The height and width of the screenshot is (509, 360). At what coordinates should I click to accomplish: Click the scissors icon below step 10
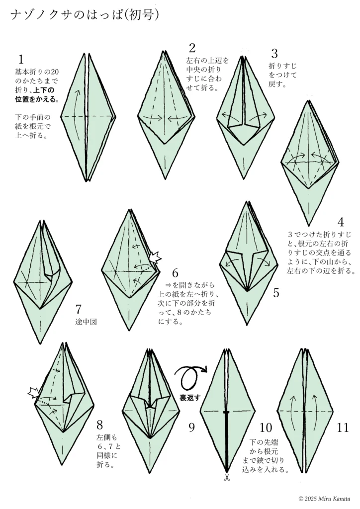[227, 478]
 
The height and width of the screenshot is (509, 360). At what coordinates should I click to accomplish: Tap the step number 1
[21, 60]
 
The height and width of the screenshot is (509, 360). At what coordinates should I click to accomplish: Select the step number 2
[192, 48]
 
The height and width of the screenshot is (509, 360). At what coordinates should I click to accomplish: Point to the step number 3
[274, 53]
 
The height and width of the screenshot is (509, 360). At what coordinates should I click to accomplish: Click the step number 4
[341, 222]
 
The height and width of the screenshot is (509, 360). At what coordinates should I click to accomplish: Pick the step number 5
[276, 293]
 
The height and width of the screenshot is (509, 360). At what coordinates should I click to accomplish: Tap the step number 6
[176, 273]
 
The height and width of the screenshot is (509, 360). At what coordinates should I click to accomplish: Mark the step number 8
[99, 424]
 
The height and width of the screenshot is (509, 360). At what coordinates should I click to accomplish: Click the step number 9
[191, 427]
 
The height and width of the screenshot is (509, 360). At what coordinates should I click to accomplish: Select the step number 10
[266, 427]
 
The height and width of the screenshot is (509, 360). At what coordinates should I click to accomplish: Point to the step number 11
[343, 427]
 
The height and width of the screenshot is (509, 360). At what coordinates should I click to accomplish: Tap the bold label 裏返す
[190, 397]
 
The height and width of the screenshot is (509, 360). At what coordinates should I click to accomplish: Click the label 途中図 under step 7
[86, 322]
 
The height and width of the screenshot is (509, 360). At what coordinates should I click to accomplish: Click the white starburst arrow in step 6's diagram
[155, 257]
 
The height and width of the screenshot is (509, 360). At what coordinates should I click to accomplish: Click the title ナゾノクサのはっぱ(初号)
[85, 14]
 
